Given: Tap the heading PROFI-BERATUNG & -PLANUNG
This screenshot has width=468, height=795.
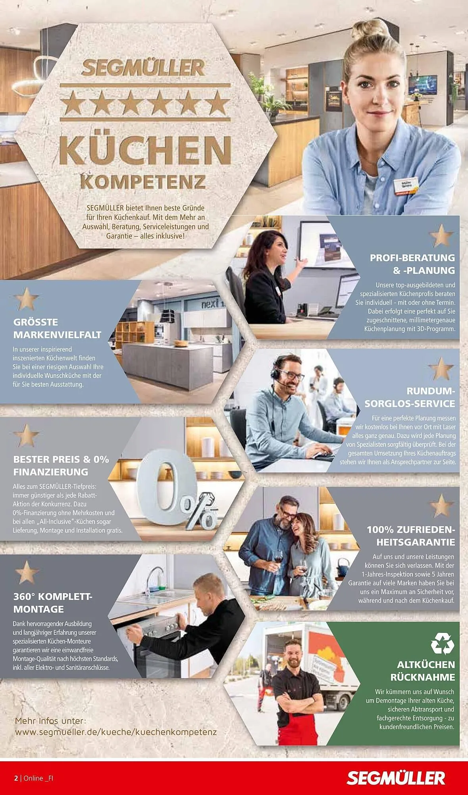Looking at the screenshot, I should click(412, 264).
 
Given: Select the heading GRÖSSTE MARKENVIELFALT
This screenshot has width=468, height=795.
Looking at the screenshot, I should click(57, 328).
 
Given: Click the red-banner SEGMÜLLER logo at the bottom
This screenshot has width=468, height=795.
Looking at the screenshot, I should click(396, 778).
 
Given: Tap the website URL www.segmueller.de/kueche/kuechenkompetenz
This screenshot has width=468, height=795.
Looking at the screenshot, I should click(116, 732).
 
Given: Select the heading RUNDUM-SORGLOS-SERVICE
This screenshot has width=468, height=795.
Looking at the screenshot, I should click(410, 397).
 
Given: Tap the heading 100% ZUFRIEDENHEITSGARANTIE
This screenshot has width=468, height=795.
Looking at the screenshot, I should click(410, 536).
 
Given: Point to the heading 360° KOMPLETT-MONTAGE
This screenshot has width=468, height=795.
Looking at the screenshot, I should click(53, 603).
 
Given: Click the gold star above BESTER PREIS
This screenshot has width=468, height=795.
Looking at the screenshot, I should click(26, 435).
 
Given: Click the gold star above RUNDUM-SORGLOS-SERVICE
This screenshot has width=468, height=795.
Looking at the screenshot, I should click(441, 368).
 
